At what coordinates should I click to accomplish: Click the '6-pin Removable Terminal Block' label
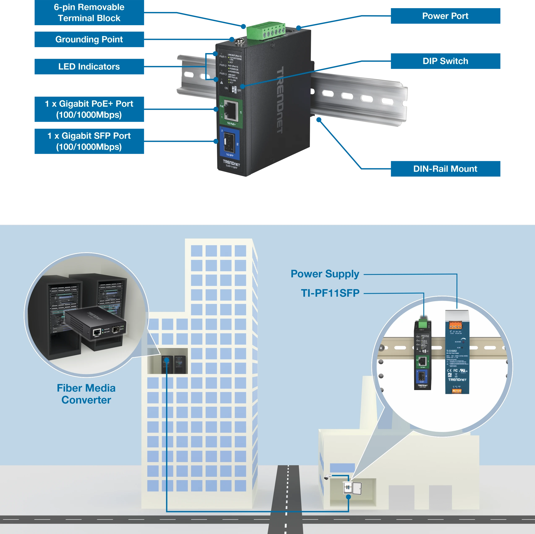[89, 13]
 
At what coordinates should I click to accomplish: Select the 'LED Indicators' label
[89, 67]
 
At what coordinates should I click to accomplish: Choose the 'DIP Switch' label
[445, 61]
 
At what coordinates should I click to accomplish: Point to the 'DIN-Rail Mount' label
[445, 169]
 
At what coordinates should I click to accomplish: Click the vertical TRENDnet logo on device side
[280, 100]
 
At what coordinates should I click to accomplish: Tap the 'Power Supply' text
[325, 274]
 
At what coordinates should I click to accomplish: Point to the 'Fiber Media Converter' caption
[86, 394]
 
